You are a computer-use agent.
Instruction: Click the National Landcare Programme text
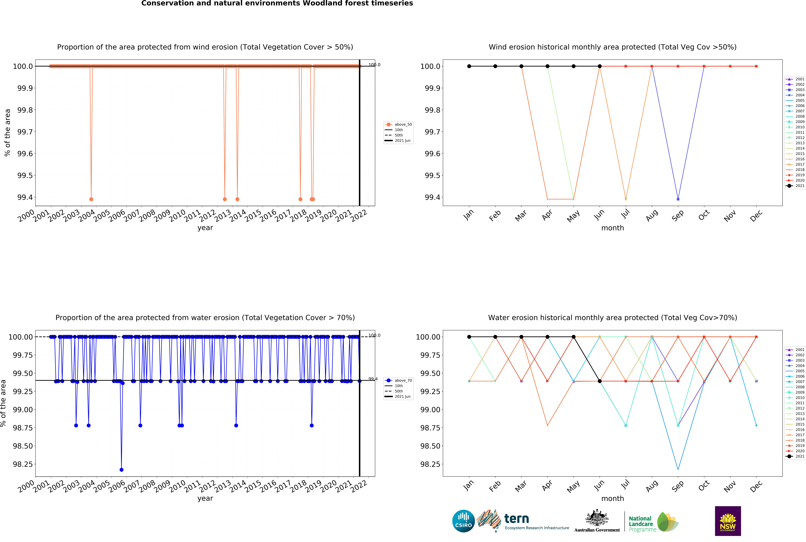(x=642, y=524)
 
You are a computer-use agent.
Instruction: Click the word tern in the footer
(x=517, y=519)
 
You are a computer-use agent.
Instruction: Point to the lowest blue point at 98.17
(x=121, y=470)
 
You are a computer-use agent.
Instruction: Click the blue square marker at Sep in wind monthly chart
(x=678, y=199)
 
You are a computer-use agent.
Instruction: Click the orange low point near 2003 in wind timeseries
(x=91, y=199)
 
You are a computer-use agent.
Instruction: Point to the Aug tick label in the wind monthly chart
(x=652, y=216)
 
